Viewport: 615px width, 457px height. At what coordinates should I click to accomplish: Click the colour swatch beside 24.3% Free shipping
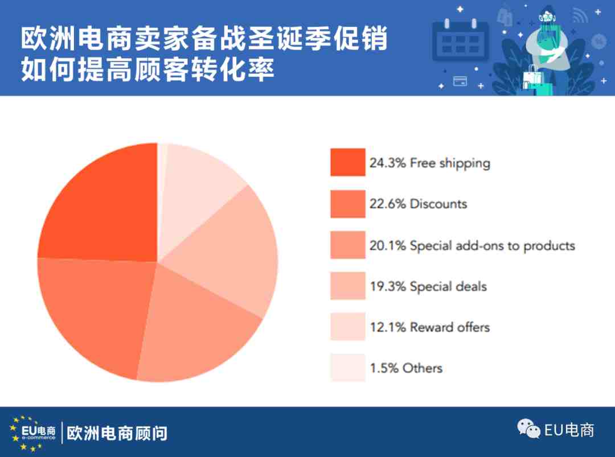coord(347,162)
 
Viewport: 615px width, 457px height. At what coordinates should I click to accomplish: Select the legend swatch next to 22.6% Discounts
coord(347,204)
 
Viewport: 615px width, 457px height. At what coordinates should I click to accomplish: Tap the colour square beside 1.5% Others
coord(347,368)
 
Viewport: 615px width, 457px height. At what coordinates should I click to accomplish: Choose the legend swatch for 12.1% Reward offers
coord(347,327)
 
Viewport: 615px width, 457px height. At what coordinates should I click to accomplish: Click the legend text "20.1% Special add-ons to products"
coord(472,246)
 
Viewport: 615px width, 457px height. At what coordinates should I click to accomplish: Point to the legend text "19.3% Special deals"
coord(428,286)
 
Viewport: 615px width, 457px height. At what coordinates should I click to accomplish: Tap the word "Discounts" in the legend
coord(438,204)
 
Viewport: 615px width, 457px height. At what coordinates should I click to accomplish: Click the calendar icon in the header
coord(461,40)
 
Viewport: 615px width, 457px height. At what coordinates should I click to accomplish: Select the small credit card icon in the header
coord(460,81)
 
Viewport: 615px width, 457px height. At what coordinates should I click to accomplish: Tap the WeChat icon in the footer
coord(528,429)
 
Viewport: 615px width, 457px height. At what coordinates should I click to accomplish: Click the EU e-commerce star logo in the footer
coord(33,433)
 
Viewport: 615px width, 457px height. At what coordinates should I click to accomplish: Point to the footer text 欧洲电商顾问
coord(117,433)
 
